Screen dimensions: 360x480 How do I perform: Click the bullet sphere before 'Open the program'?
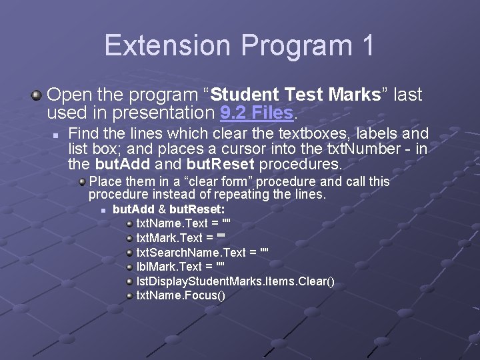[37, 95]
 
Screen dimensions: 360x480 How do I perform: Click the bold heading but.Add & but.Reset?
[159, 209]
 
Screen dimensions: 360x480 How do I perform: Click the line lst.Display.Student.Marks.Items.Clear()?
[235, 281]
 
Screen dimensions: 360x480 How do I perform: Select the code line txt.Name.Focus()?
[181, 295]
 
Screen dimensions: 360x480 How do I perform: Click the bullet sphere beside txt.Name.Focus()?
[130, 295]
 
